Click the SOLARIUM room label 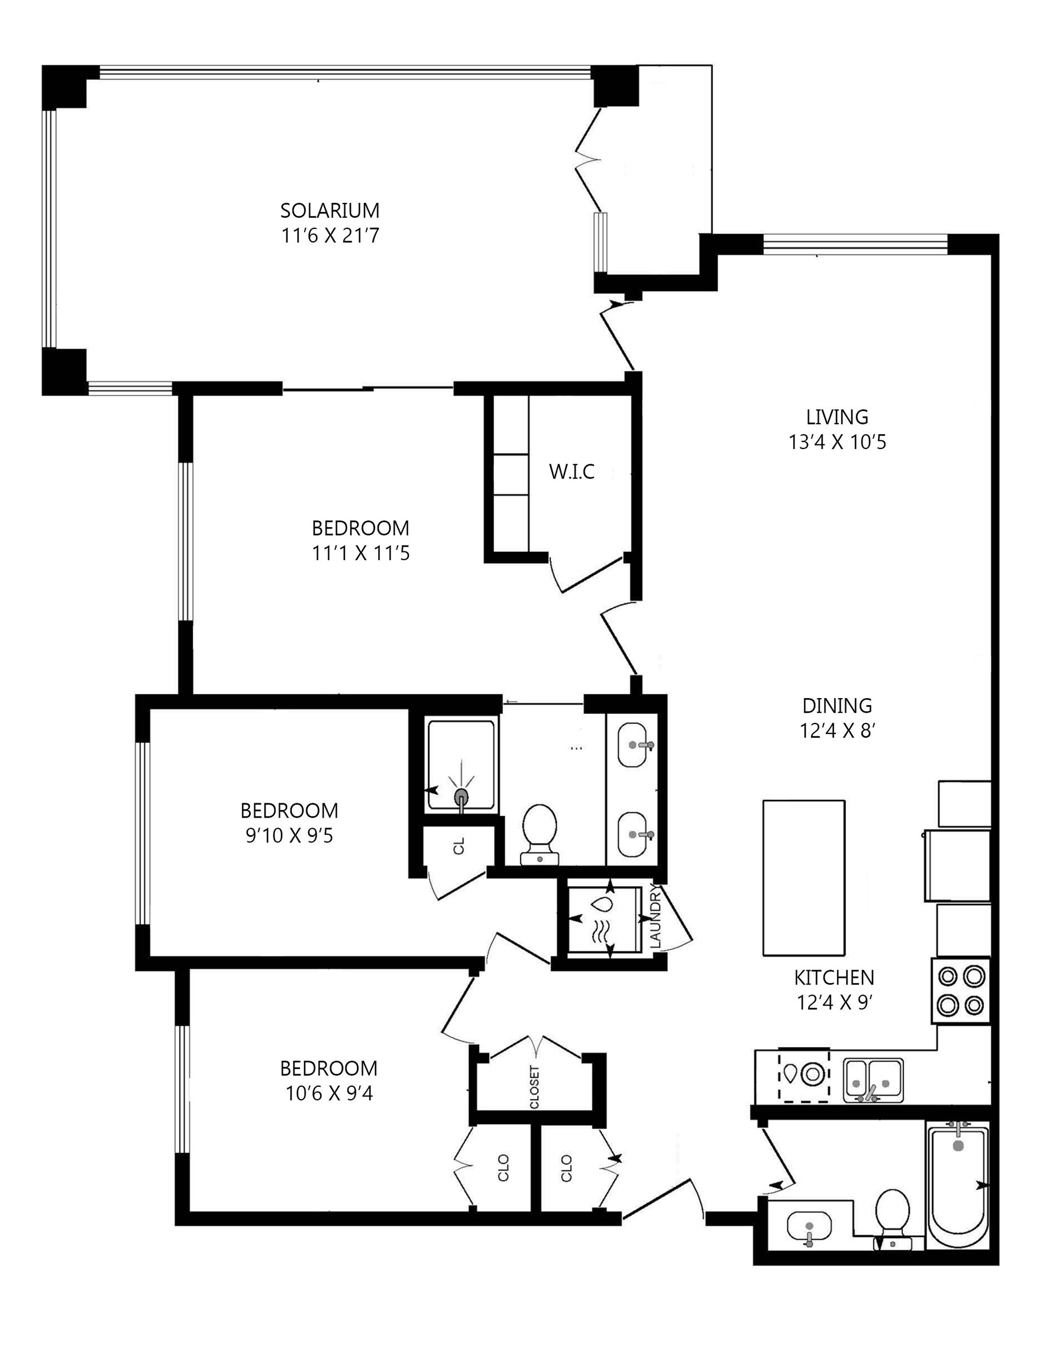(x=330, y=209)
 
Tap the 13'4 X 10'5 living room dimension (x=836, y=443)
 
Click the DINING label (x=836, y=706)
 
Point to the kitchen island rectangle (x=803, y=877)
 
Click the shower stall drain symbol (x=461, y=796)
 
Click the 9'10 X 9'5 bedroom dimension (x=289, y=836)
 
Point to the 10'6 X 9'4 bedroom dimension (x=328, y=1093)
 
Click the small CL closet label (x=460, y=847)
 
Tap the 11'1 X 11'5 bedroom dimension (x=360, y=554)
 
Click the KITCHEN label (x=834, y=977)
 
